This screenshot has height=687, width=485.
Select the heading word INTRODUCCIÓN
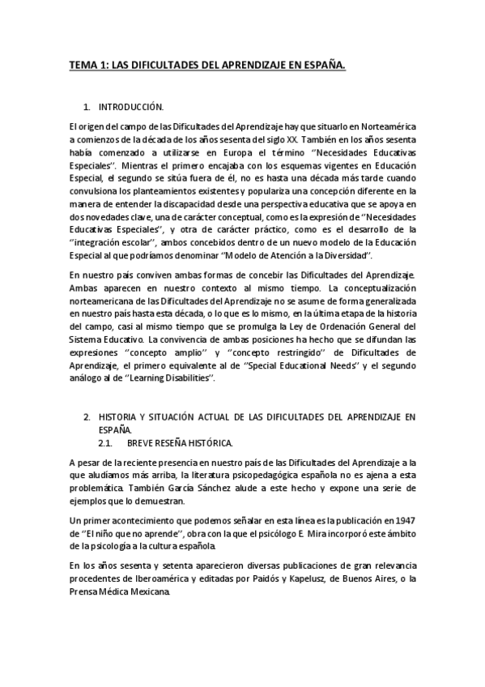pyautogui.click(x=131, y=107)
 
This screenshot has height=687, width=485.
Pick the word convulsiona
pyautogui.click(x=91, y=190)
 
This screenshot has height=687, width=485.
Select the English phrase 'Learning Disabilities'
pyautogui.click(x=175, y=378)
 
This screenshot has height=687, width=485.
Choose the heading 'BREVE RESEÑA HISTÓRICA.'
pyautogui.click(x=181, y=443)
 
